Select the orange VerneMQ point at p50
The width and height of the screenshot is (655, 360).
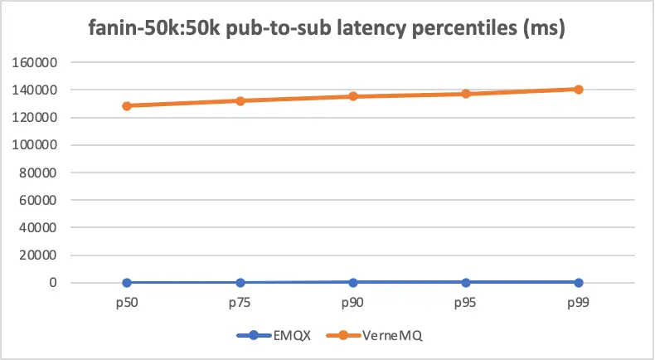[x=127, y=106]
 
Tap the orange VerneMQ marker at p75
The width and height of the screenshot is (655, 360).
[x=240, y=101]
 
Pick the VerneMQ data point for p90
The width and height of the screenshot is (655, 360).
[x=353, y=96]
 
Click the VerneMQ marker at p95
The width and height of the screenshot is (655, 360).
[x=466, y=94]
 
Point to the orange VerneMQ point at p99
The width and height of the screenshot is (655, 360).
[x=579, y=90]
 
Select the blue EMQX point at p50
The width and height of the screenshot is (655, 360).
[x=127, y=283]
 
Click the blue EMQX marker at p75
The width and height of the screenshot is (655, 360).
[x=240, y=283]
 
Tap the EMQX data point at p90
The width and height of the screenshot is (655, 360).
[x=353, y=282]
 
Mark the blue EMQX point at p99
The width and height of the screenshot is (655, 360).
[x=579, y=282]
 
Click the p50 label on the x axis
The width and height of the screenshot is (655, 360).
[x=127, y=304]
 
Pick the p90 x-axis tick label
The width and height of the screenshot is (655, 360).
[x=353, y=304]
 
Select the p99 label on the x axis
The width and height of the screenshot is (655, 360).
[x=579, y=304]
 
